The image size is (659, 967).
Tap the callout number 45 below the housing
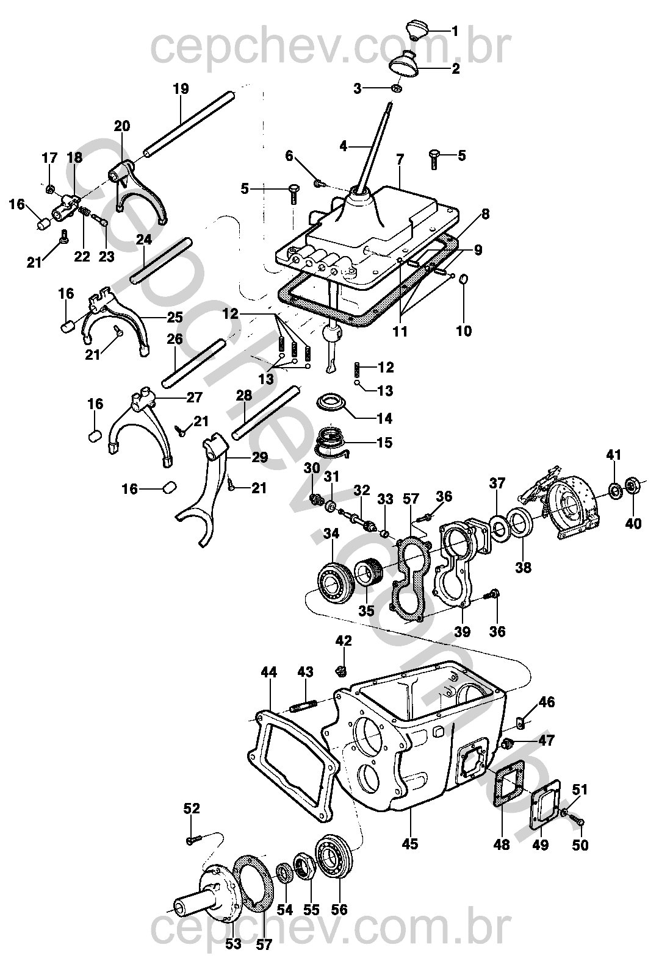click(410, 844)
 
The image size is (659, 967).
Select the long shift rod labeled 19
click(189, 121)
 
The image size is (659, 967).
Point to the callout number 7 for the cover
click(400, 160)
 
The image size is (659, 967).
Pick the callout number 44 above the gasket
click(268, 673)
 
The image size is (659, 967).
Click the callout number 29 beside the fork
click(260, 457)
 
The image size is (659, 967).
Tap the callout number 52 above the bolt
click(192, 808)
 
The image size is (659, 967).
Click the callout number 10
click(464, 331)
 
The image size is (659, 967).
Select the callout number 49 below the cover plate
click(540, 845)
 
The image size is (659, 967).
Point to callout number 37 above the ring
click(497, 483)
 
